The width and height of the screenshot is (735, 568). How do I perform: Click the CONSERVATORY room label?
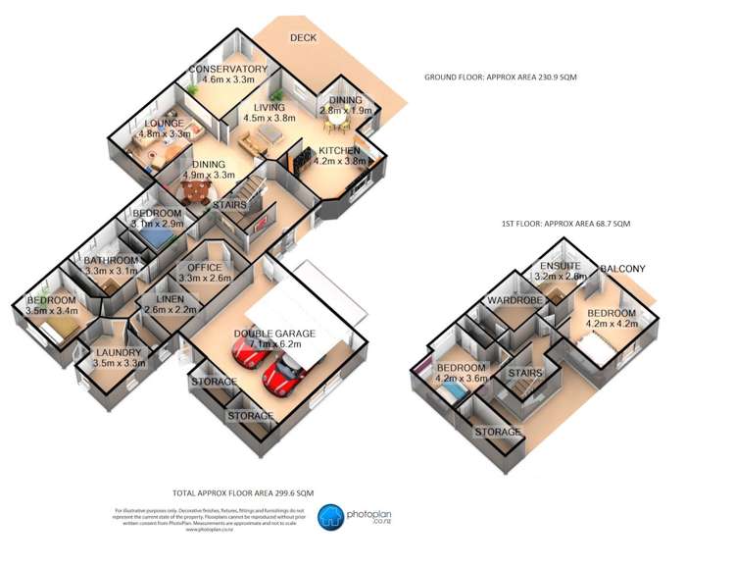tap(227, 69)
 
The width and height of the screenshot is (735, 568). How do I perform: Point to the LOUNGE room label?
tap(163, 123)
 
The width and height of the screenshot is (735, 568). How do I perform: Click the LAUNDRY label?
tap(119, 351)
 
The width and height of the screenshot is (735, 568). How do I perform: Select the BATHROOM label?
tap(112, 260)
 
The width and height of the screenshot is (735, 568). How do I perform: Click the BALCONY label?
tap(622, 268)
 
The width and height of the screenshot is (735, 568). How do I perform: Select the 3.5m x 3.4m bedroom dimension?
tap(52, 312)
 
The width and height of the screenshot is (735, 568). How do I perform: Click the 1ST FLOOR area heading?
tap(565, 225)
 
